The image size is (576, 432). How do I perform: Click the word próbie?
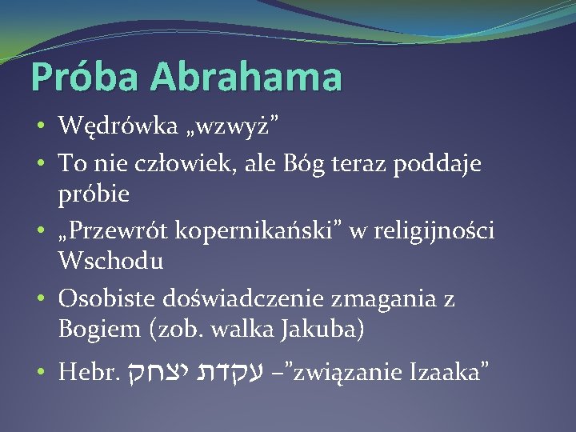(x=93, y=194)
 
